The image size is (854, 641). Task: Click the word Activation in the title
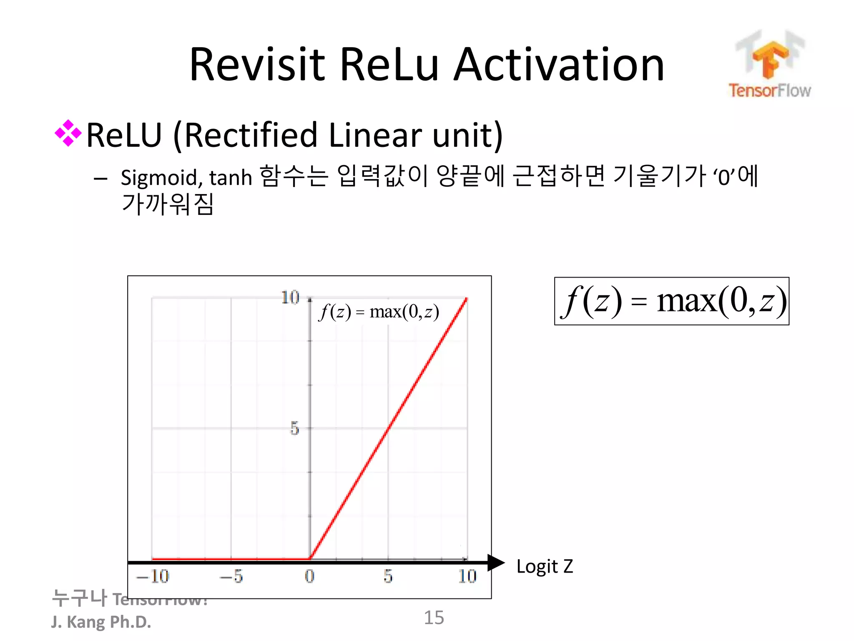tap(559, 65)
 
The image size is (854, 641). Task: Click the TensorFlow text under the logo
tap(770, 91)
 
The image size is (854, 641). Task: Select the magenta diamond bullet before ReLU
tap(68, 134)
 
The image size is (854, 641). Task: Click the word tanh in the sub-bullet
tap(231, 178)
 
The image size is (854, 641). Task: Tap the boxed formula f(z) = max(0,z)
tap(671, 301)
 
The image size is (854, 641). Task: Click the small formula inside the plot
tap(379, 311)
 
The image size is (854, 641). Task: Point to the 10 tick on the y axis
tap(290, 298)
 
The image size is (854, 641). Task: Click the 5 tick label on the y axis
tap(294, 428)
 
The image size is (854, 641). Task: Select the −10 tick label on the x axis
tap(153, 576)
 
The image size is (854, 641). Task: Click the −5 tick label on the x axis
tap(231, 576)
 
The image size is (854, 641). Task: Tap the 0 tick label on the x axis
tap(309, 576)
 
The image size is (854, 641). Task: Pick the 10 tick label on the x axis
tap(467, 576)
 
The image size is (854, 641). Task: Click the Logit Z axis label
tap(545, 566)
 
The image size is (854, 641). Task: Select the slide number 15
tap(434, 618)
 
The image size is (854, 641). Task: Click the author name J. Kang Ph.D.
tap(101, 622)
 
